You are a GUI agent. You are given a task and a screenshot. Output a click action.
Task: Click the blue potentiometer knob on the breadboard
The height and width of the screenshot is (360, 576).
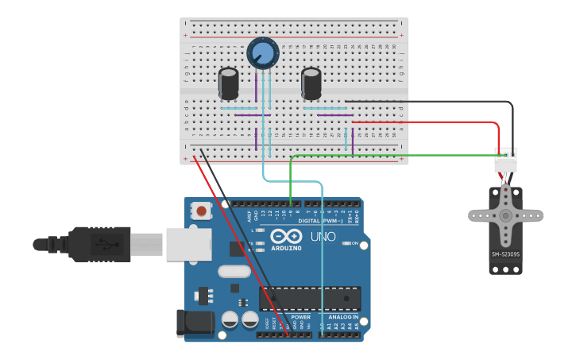click(x=263, y=53)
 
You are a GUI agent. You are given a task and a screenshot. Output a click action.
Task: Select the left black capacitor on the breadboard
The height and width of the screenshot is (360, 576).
click(x=229, y=83)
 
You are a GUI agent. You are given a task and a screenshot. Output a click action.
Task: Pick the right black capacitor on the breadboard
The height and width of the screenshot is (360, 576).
click(x=311, y=83)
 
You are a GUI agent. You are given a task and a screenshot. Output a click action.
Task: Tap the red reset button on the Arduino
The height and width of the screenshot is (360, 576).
click(x=202, y=211)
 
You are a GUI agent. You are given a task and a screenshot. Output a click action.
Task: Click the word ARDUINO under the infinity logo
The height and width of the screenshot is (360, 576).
click(x=286, y=248)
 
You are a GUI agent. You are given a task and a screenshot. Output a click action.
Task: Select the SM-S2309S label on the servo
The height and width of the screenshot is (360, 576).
click(x=505, y=254)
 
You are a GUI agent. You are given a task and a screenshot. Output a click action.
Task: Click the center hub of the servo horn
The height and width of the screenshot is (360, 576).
click(x=505, y=215)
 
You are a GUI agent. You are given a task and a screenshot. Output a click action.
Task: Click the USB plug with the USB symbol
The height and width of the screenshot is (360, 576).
click(x=100, y=244)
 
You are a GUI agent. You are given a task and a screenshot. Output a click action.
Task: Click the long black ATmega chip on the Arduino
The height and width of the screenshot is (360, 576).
click(x=310, y=298)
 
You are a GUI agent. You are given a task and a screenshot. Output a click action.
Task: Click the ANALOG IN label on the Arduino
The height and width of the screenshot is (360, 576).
click(x=344, y=316)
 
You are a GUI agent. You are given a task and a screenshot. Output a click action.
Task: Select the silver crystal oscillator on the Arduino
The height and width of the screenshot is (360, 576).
click(x=235, y=271)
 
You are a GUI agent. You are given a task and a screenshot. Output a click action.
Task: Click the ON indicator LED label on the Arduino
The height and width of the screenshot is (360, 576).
click(x=355, y=243)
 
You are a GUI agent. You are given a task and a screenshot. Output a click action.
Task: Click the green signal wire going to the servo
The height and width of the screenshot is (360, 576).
click(x=397, y=156)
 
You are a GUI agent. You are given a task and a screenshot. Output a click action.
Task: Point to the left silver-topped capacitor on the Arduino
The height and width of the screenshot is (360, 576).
click(x=230, y=319)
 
